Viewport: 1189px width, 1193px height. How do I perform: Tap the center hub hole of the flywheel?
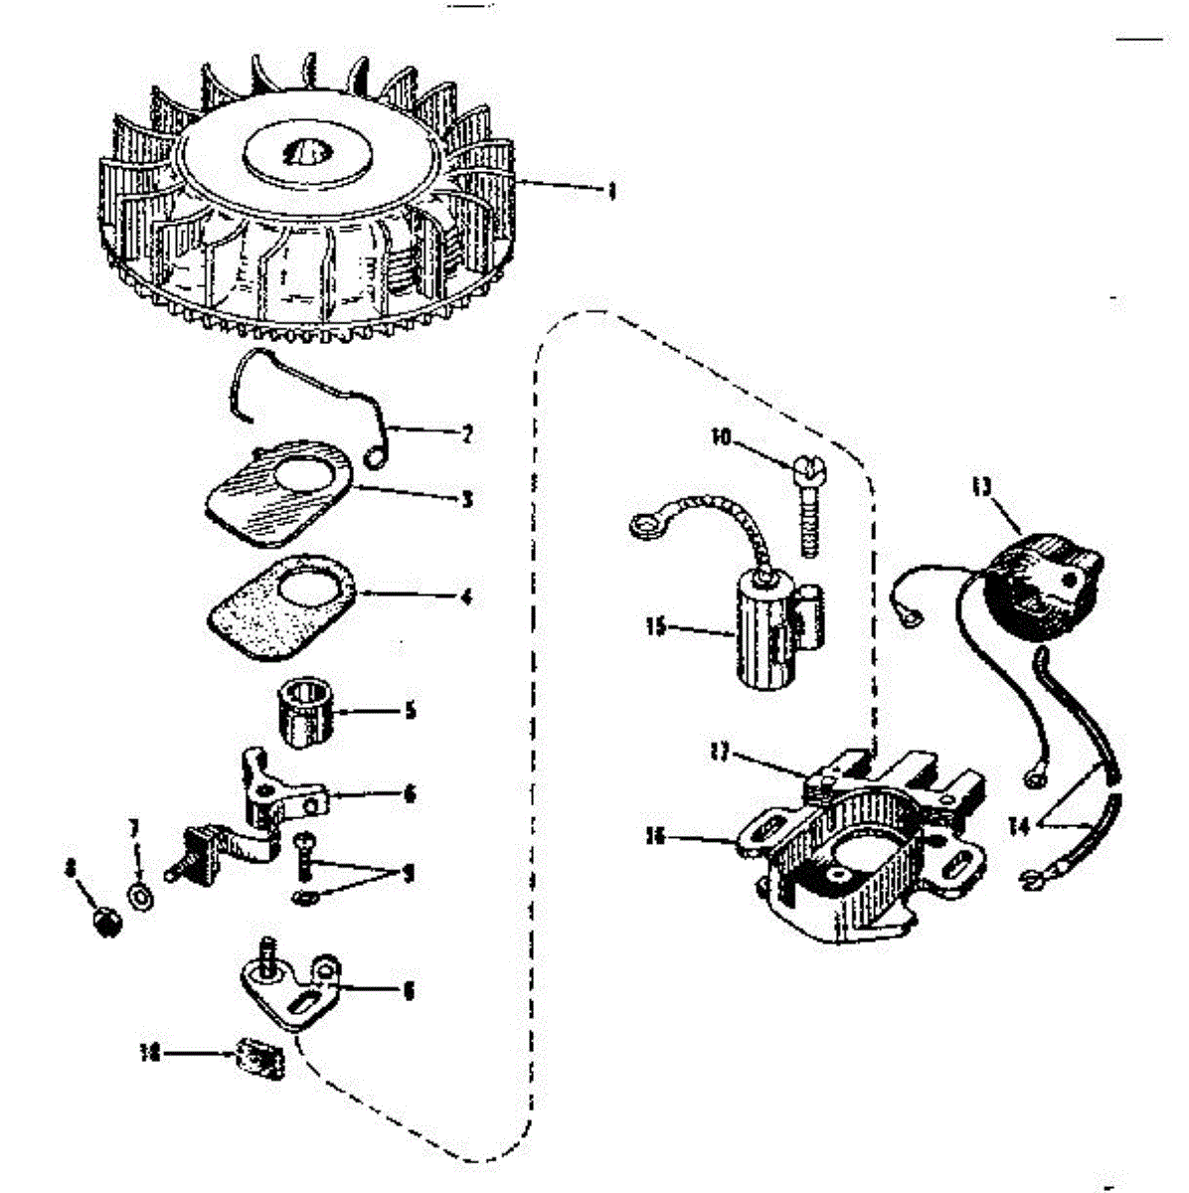point(303,154)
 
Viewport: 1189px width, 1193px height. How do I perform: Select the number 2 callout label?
point(466,433)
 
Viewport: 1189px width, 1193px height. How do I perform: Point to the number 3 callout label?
point(466,499)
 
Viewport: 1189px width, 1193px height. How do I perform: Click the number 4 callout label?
point(466,598)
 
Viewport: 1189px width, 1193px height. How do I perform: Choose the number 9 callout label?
point(408,874)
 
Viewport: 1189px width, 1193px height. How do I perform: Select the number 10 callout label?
point(721,435)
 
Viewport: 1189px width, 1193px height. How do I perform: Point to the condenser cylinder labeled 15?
point(765,631)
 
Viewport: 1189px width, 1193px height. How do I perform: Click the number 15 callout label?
point(655,627)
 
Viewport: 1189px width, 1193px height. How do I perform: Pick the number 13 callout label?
point(981,487)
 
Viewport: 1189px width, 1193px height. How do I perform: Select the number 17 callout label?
point(720,754)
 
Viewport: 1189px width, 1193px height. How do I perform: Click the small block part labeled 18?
point(260,1056)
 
